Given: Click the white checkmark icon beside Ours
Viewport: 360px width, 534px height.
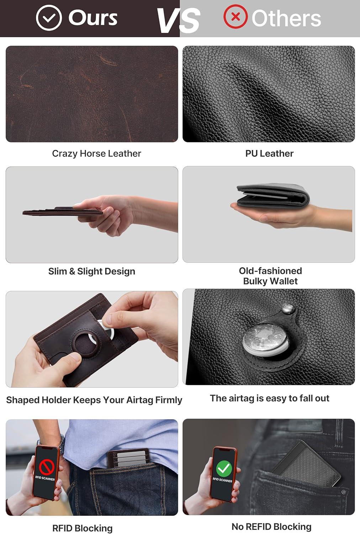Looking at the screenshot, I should [49, 17].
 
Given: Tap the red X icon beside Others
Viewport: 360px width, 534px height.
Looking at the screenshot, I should [235, 16].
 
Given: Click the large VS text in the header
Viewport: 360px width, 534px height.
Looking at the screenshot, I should [179, 20].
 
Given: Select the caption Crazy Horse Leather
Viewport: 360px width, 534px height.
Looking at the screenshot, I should [96, 153].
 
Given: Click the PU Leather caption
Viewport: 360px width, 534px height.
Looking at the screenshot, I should [269, 153].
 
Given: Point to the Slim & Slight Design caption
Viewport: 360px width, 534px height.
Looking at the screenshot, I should [92, 271].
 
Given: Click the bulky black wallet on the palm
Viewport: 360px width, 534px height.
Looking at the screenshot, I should [273, 195].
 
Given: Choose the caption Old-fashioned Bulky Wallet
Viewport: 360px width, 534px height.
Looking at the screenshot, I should [270, 276].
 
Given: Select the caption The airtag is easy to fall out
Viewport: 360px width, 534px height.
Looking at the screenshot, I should [269, 398].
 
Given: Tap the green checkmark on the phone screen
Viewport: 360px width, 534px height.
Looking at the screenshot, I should [224, 468].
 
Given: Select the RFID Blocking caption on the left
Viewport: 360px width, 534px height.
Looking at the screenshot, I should [82, 528].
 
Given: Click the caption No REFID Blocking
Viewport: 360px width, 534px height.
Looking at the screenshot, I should [271, 527].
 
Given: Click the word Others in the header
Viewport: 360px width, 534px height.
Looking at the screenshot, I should [286, 19].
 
